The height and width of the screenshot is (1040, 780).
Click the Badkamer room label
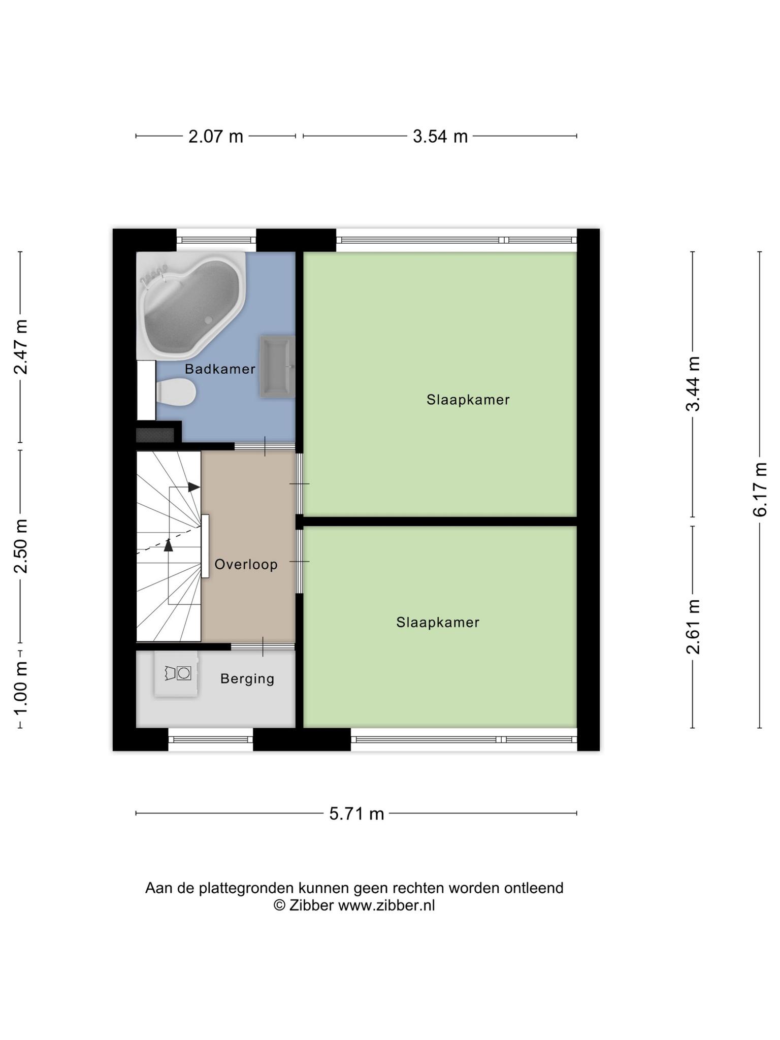(220, 369)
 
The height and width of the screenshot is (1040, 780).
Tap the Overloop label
(246, 564)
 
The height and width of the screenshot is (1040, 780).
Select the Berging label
(247, 679)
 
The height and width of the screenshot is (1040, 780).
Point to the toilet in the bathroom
(176, 392)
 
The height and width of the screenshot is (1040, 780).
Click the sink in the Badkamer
(277, 366)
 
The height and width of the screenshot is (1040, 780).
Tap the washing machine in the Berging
(176, 673)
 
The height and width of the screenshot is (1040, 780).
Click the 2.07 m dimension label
(216, 137)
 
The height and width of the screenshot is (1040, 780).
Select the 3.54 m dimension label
(440, 137)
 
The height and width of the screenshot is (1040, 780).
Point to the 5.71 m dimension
(356, 814)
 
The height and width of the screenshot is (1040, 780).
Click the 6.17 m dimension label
(760, 490)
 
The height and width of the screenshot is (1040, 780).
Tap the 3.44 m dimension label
(693, 384)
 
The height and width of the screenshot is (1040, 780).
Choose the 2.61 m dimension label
(693, 627)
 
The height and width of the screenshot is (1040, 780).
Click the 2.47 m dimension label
(20, 347)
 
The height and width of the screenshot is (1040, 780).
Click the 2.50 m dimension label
(20, 546)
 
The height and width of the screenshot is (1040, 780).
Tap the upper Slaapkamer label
(468, 400)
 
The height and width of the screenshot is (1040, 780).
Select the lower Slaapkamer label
(438, 622)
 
